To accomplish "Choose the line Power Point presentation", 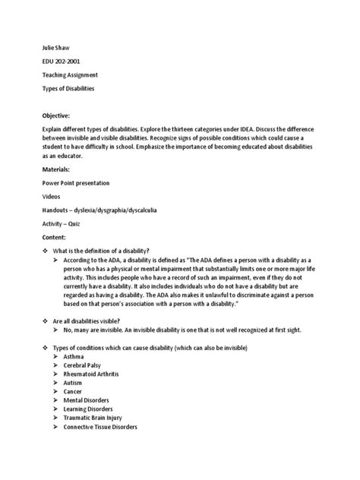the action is [76, 183].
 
